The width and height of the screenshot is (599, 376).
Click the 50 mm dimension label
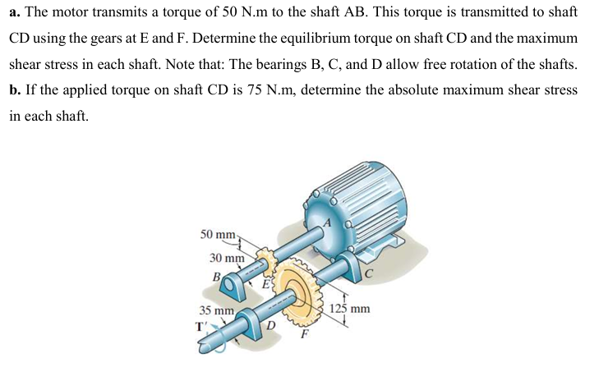pyautogui.click(x=219, y=235)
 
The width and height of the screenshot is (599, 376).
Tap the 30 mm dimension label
pyautogui.click(x=227, y=258)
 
